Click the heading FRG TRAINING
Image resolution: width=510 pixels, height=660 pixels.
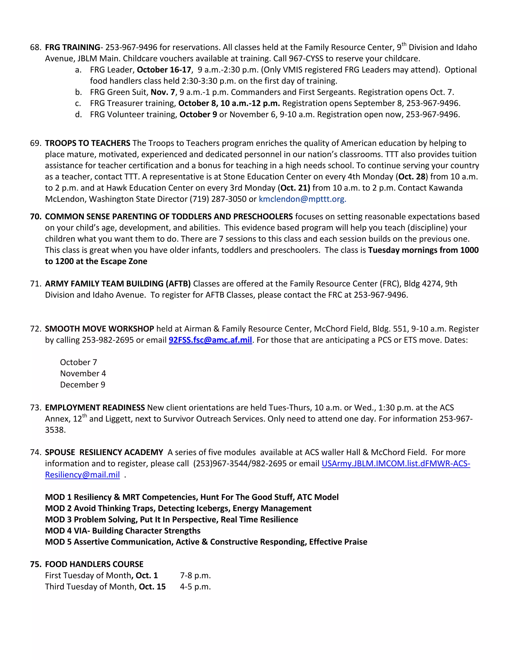tap(72, 47)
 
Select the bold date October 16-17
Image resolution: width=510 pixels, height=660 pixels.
tap(164, 70)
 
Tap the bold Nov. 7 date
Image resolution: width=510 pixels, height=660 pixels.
tap(163, 92)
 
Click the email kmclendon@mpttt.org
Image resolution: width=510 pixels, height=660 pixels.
tap(302, 199)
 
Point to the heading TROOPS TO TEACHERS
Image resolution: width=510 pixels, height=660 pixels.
tap(88, 143)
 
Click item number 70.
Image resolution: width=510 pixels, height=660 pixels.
tap(35, 217)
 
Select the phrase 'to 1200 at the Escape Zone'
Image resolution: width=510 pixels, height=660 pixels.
tap(96, 262)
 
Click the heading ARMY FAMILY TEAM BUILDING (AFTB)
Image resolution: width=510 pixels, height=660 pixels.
tap(118, 284)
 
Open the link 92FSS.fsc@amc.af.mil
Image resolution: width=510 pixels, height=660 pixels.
tap(210, 340)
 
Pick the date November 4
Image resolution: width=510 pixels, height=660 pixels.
tap(83, 374)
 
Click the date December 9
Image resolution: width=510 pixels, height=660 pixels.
tap(82, 385)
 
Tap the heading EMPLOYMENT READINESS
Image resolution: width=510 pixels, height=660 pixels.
tap(95, 408)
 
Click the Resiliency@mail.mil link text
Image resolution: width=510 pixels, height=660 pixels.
tap(82, 475)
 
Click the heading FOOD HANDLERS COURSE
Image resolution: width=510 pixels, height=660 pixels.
tap(94, 564)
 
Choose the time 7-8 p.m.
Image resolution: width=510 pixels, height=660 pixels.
tap(195, 575)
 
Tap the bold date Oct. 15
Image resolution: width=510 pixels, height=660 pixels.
tap(152, 587)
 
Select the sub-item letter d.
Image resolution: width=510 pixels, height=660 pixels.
tap(78, 115)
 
